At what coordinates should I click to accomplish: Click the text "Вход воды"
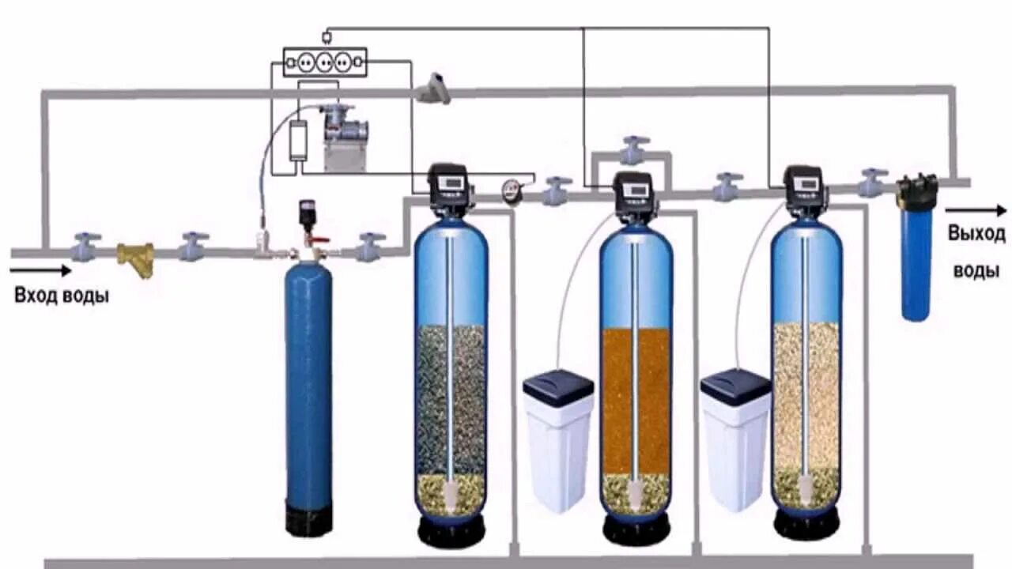(62, 296)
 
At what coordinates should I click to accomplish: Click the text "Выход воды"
(976, 252)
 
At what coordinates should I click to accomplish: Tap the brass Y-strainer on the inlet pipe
(137, 258)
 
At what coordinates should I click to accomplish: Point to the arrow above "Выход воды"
(976, 210)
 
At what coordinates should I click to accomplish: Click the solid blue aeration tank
(308, 395)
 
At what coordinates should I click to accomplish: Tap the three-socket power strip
(325, 62)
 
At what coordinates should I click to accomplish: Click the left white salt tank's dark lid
(558, 387)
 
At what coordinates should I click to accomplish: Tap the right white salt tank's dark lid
(735, 387)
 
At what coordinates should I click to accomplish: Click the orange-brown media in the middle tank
(636, 399)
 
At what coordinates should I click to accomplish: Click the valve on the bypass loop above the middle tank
(634, 149)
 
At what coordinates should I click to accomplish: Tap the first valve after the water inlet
(85, 247)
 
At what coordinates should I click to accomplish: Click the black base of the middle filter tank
(636, 527)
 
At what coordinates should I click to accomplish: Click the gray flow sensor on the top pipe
(435, 89)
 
